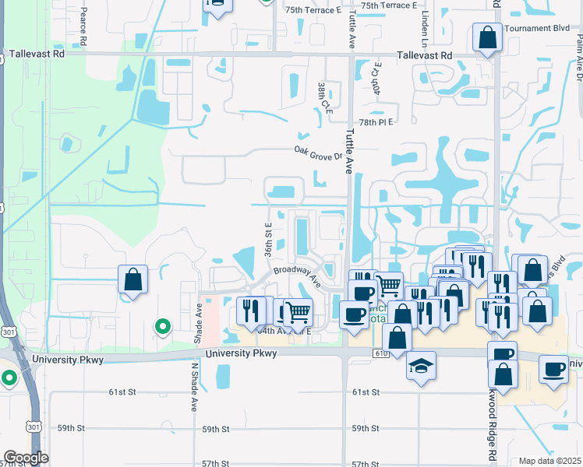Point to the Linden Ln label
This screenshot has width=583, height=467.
(x=426, y=26)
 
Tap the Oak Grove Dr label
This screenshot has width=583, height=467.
(x=319, y=153)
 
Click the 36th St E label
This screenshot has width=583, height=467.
(x=267, y=239)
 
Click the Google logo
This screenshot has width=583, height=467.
(x=25, y=458)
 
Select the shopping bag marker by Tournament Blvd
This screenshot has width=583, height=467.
(x=487, y=37)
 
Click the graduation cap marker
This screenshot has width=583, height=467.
(x=421, y=366)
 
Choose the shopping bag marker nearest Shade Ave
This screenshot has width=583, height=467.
(x=132, y=279)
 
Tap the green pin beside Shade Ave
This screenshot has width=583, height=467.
(x=162, y=326)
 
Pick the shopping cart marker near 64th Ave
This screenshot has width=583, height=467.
(x=298, y=313)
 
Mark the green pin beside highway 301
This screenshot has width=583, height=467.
(x=9, y=379)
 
